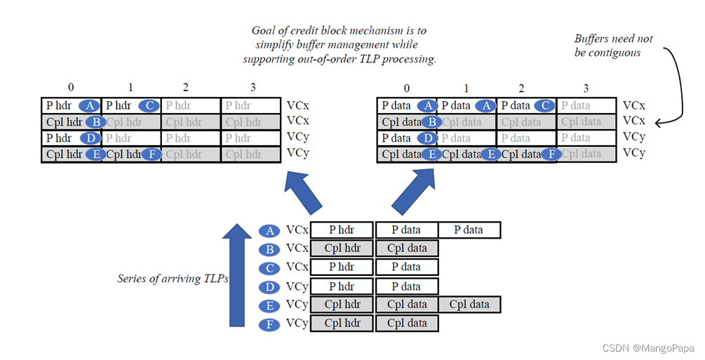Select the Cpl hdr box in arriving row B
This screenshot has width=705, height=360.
[342, 248]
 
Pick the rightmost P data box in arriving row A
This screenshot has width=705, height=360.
[469, 230]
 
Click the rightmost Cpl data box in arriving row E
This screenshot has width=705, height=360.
[469, 305]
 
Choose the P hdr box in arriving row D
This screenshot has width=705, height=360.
[342, 286]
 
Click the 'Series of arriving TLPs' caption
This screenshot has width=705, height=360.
[173, 279]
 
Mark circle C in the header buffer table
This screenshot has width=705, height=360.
[149, 106]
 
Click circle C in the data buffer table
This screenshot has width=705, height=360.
[544, 106]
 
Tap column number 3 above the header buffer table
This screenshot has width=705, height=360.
[251, 87]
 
